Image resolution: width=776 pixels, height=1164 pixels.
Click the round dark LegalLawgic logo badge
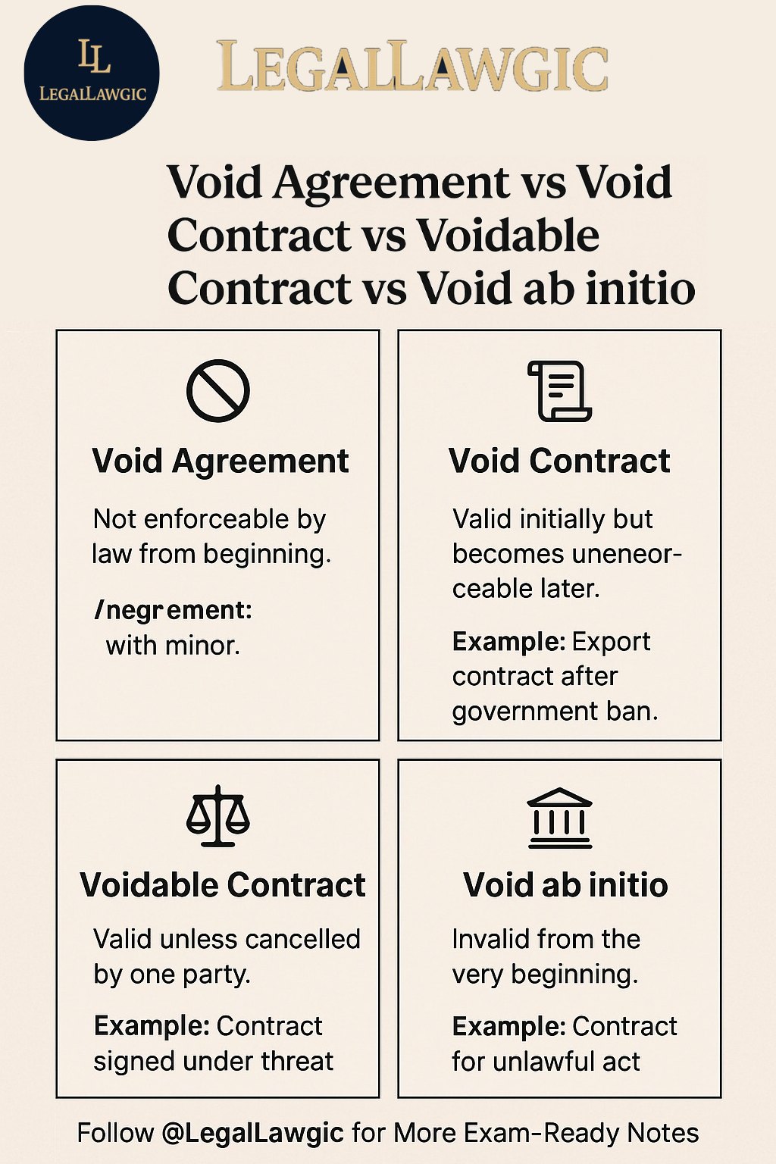[92, 73]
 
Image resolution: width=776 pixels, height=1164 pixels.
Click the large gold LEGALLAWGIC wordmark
[412, 67]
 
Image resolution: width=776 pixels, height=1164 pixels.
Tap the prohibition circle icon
[217, 391]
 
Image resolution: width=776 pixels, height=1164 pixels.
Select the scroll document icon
[559, 391]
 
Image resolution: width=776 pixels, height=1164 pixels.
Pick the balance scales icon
[217, 815]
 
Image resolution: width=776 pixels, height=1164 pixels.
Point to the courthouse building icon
[560, 818]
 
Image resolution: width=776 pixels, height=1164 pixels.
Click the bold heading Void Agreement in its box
[220, 462]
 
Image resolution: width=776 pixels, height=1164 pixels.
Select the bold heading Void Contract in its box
[559, 461]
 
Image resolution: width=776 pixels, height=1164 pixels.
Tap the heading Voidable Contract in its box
[223, 885]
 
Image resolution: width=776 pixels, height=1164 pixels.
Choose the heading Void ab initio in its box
[565, 885]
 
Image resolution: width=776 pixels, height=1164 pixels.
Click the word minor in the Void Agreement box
[201, 646]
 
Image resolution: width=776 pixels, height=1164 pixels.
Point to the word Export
[612, 643]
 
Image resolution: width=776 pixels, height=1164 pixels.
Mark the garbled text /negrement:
[173, 611]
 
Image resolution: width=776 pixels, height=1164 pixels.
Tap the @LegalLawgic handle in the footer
[252, 1133]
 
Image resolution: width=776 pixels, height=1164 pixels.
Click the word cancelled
[302, 940]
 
